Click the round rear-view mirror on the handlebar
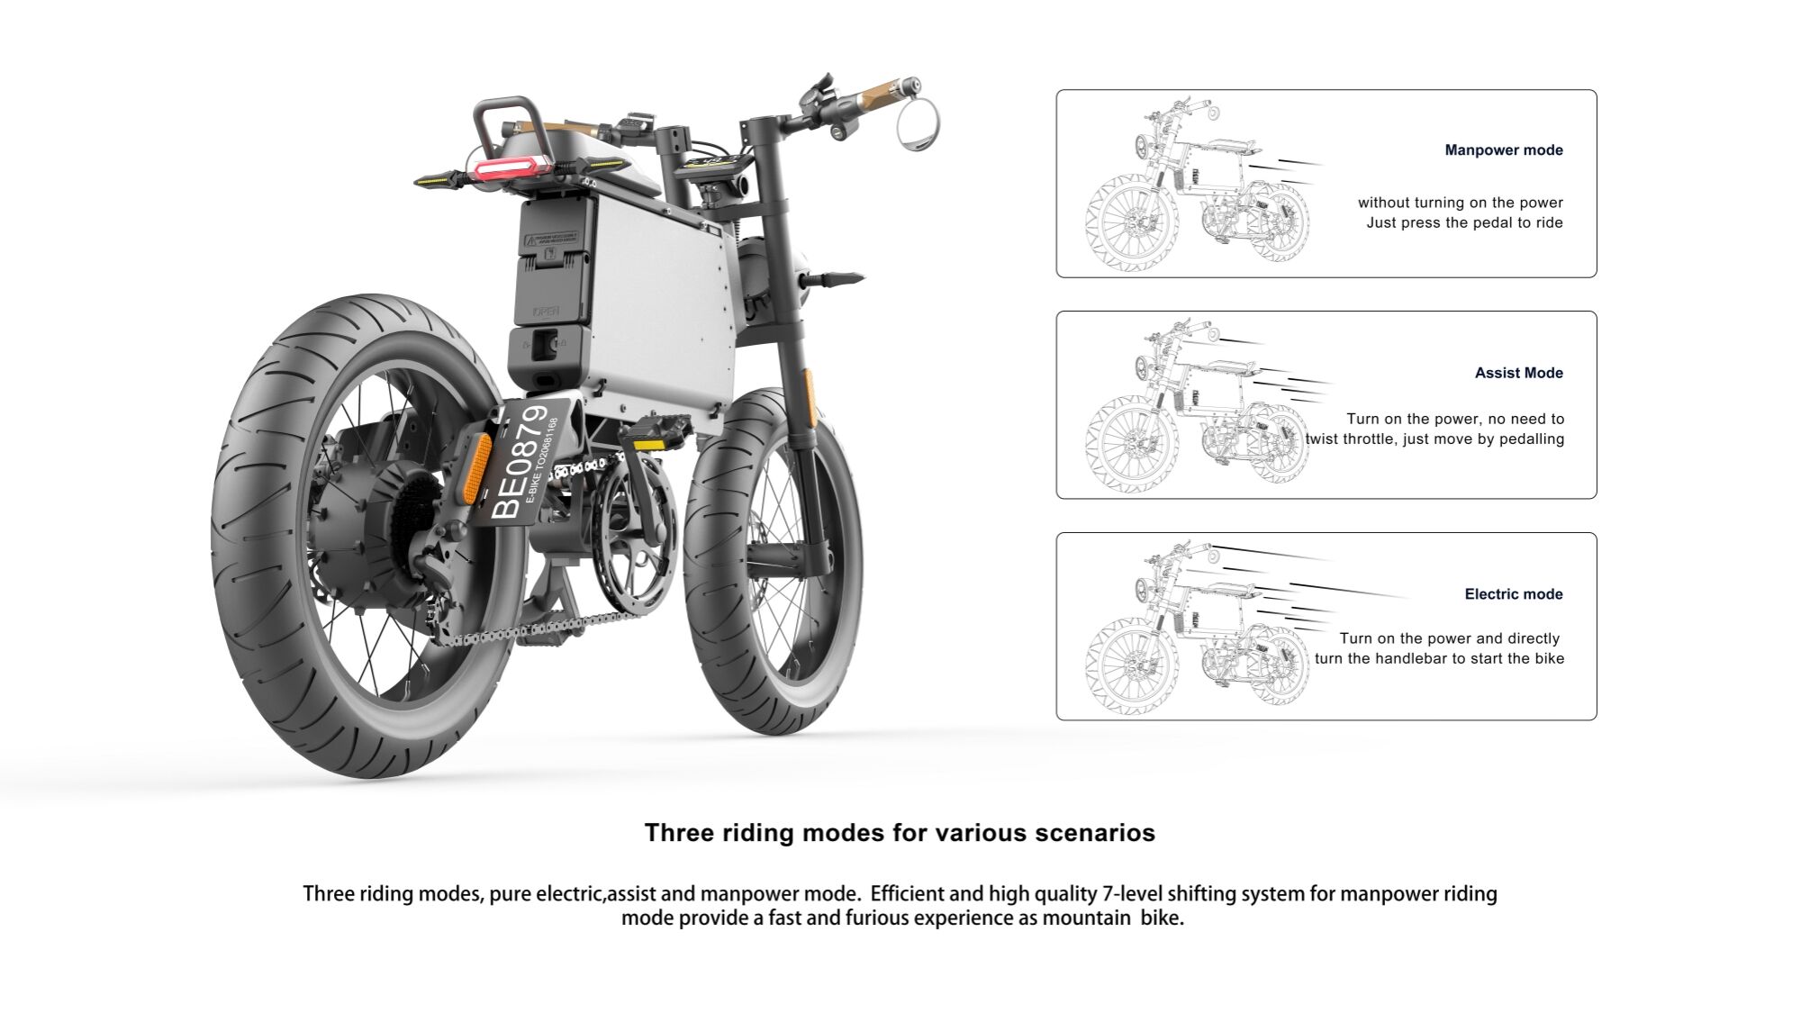pyautogui.click(x=918, y=123)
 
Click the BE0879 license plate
pyautogui.click(x=527, y=462)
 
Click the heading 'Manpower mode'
pyautogui.click(x=1503, y=150)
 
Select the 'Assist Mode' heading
pyautogui.click(x=1518, y=373)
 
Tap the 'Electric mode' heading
pyautogui.click(x=1513, y=594)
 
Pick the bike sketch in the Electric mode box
pyautogui.click(x=1198, y=630)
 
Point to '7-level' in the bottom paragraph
pyautogui.click(x=1131, y=894)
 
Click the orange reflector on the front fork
pyautogui.click(x=808, y=389)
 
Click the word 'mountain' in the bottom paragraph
pyautogui.click(x=1085, y=918)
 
